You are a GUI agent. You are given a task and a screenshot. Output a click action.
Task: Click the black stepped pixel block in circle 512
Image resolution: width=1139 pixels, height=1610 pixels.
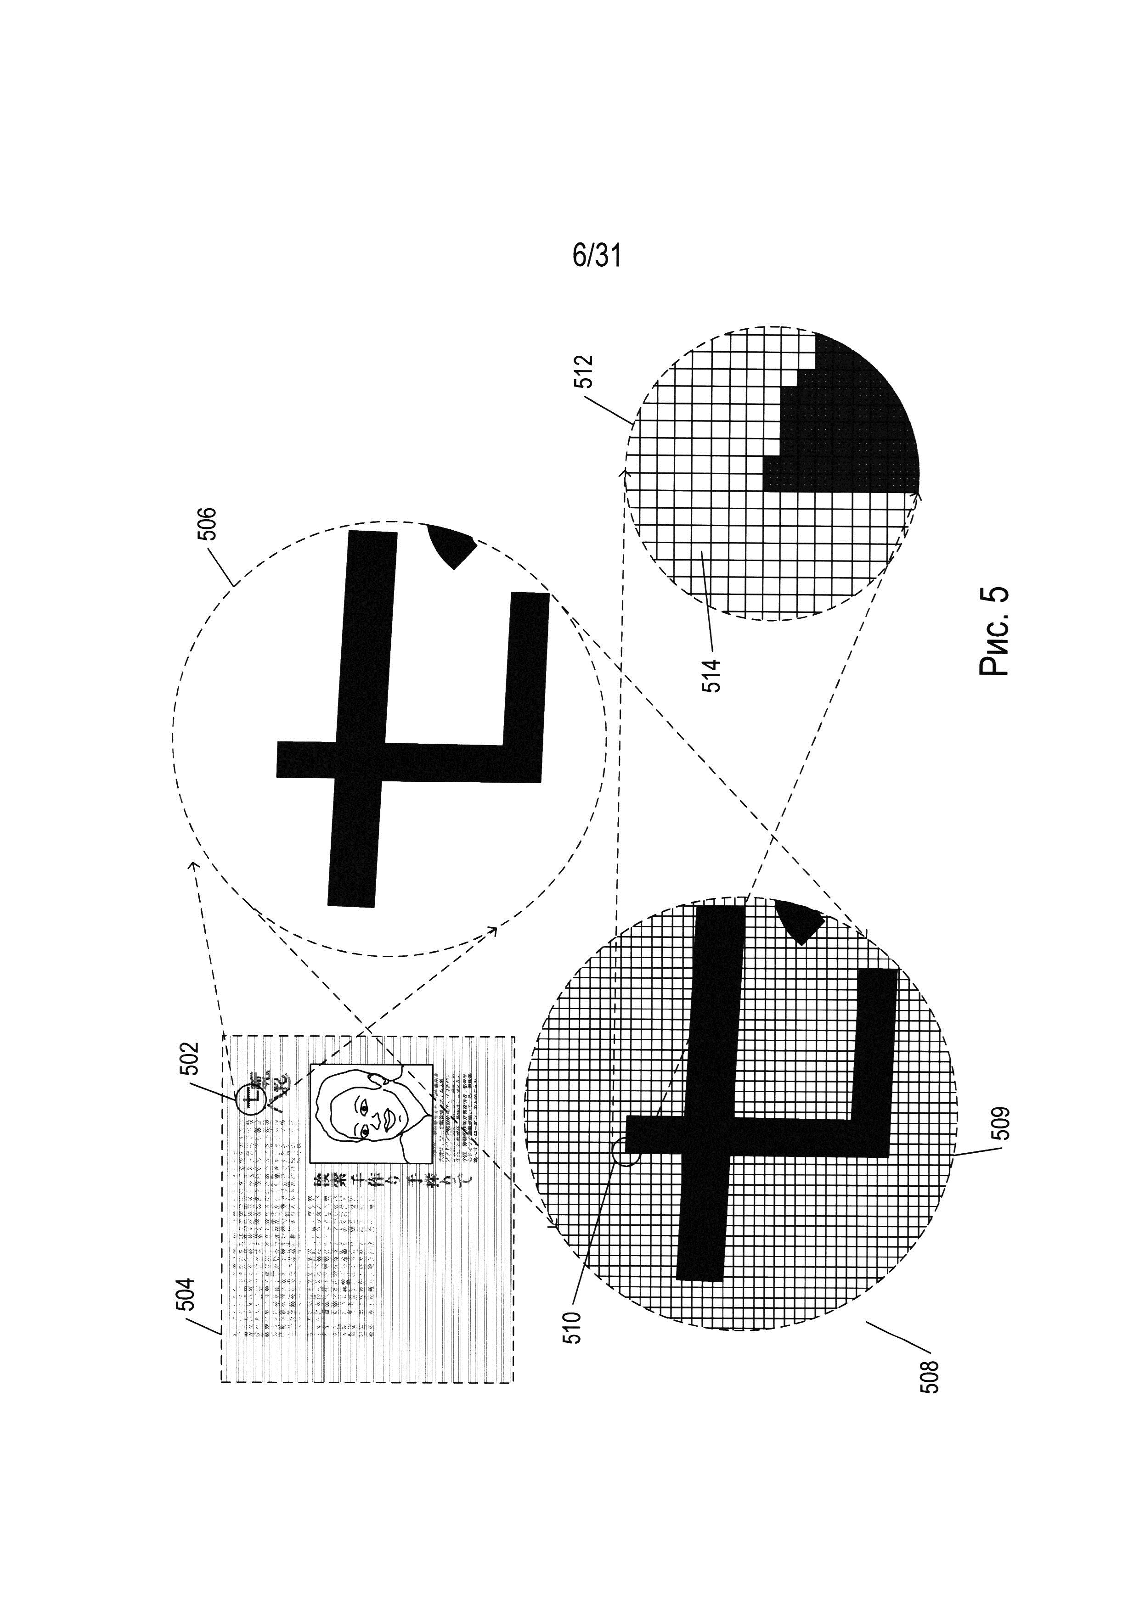pyautogui.click(x=842, y=435)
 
